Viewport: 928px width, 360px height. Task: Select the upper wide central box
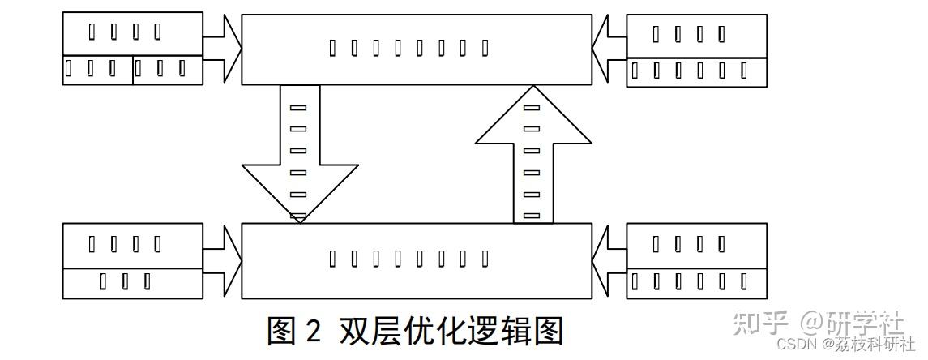click(417, 49)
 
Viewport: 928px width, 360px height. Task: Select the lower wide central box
click(417, 260)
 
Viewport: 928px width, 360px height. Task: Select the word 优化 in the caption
click(426, 330)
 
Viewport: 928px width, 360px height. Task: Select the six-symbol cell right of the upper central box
click(697, 71)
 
